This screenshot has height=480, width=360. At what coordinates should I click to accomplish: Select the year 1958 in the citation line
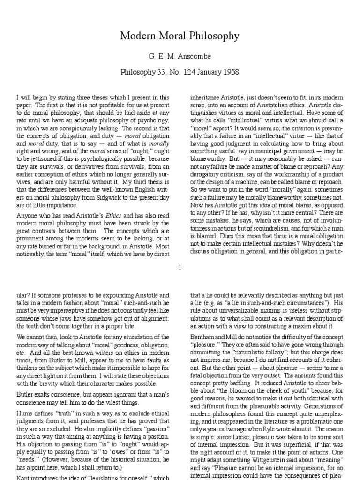click(230, 72)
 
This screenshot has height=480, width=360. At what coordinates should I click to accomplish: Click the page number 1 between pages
click(180, 267)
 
